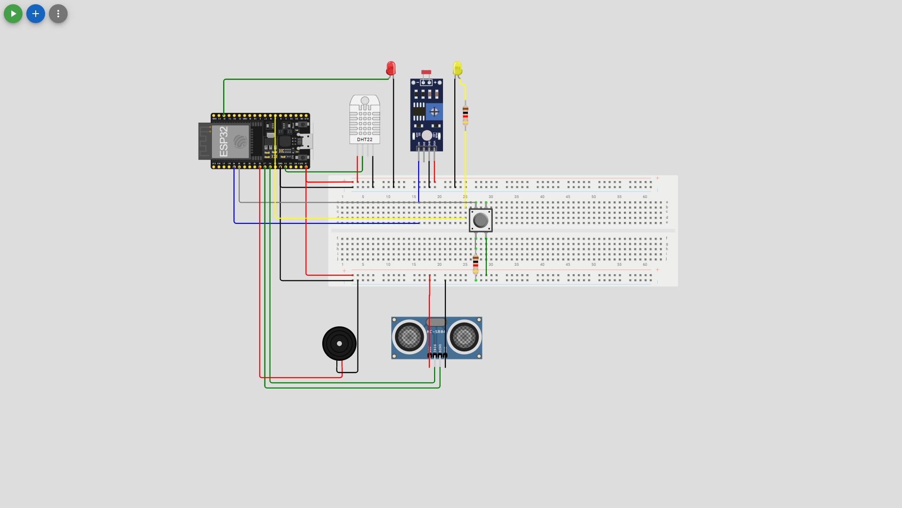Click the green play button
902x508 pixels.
click(x=13, y=14)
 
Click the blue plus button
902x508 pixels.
click(x=36, y=14)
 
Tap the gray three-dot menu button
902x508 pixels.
click(x=58, y=14)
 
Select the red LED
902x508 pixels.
click(x=391, y=68)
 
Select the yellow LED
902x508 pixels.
click(x=457, y=68)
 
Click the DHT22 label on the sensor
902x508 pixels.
click(x=365, y=140)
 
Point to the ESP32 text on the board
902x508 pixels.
click(x=224, y=142)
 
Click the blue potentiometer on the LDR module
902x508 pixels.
click(x=434, y=112)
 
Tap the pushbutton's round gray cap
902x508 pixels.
click(x=481, y=220)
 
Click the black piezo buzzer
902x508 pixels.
click(x=339, y=343)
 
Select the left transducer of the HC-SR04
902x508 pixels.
click(x=409, y=337)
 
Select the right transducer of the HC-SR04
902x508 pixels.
click(x=464, y=337)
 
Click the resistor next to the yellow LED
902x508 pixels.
click(x=465, y=115)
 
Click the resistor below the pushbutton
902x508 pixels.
click(x=475, y=264)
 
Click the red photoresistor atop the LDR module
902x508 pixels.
click(x=426, y=72)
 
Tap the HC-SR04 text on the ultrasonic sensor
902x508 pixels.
click(x=435, y=332)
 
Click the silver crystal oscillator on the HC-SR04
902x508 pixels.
click(x=436, y=322)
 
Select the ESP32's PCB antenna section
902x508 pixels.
click(x=204, y=141)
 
